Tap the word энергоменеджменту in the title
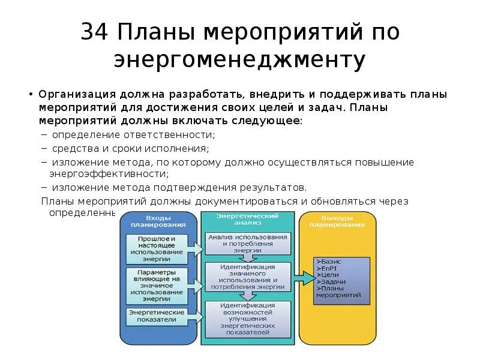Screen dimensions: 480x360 [x=239, y=60]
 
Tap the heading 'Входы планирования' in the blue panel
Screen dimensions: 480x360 [x=158, y=221]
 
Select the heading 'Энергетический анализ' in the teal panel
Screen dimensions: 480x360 [x=247, y=218]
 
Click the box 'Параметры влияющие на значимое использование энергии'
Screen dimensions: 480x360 [x=156, y=285]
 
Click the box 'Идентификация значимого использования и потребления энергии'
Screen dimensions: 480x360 [x=247, y=277]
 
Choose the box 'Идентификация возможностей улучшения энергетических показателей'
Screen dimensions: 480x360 [x=247, y=318]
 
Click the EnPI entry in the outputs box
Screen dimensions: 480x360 [x=329, y=268]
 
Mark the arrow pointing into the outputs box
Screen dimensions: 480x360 [x=306, y=278]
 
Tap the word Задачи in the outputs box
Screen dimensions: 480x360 [x=331, y=281]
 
